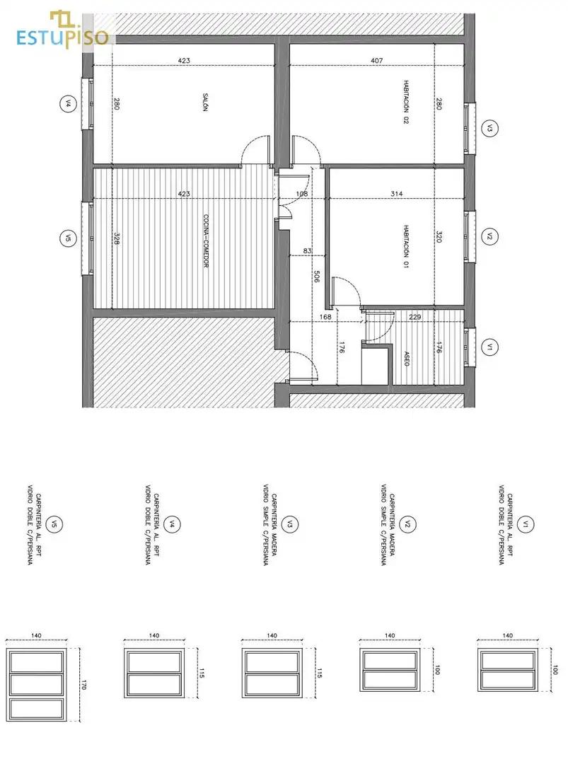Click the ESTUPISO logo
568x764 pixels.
(62, 30)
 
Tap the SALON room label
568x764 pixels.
(205, 103)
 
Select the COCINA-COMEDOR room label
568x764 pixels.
(206, 241)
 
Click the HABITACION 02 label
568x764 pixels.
(406, 103)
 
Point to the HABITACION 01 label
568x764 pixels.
(406, 246)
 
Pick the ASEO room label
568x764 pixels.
(407, 359)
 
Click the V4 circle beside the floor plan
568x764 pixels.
(68, 103)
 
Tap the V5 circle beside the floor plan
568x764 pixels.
(68, 238)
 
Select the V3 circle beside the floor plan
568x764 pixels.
(489, 129)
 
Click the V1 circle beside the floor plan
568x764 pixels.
(489, 347)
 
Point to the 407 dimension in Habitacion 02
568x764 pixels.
(376, 60)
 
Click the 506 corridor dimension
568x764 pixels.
(317, 277)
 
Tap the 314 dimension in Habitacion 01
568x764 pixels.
(397, 193)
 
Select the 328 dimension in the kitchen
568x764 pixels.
(117, 238)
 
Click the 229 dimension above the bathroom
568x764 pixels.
(415, 317)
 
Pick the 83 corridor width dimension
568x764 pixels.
(308, 251)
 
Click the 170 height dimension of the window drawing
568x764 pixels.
(83, 683)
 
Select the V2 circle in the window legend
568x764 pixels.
(407, 524)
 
